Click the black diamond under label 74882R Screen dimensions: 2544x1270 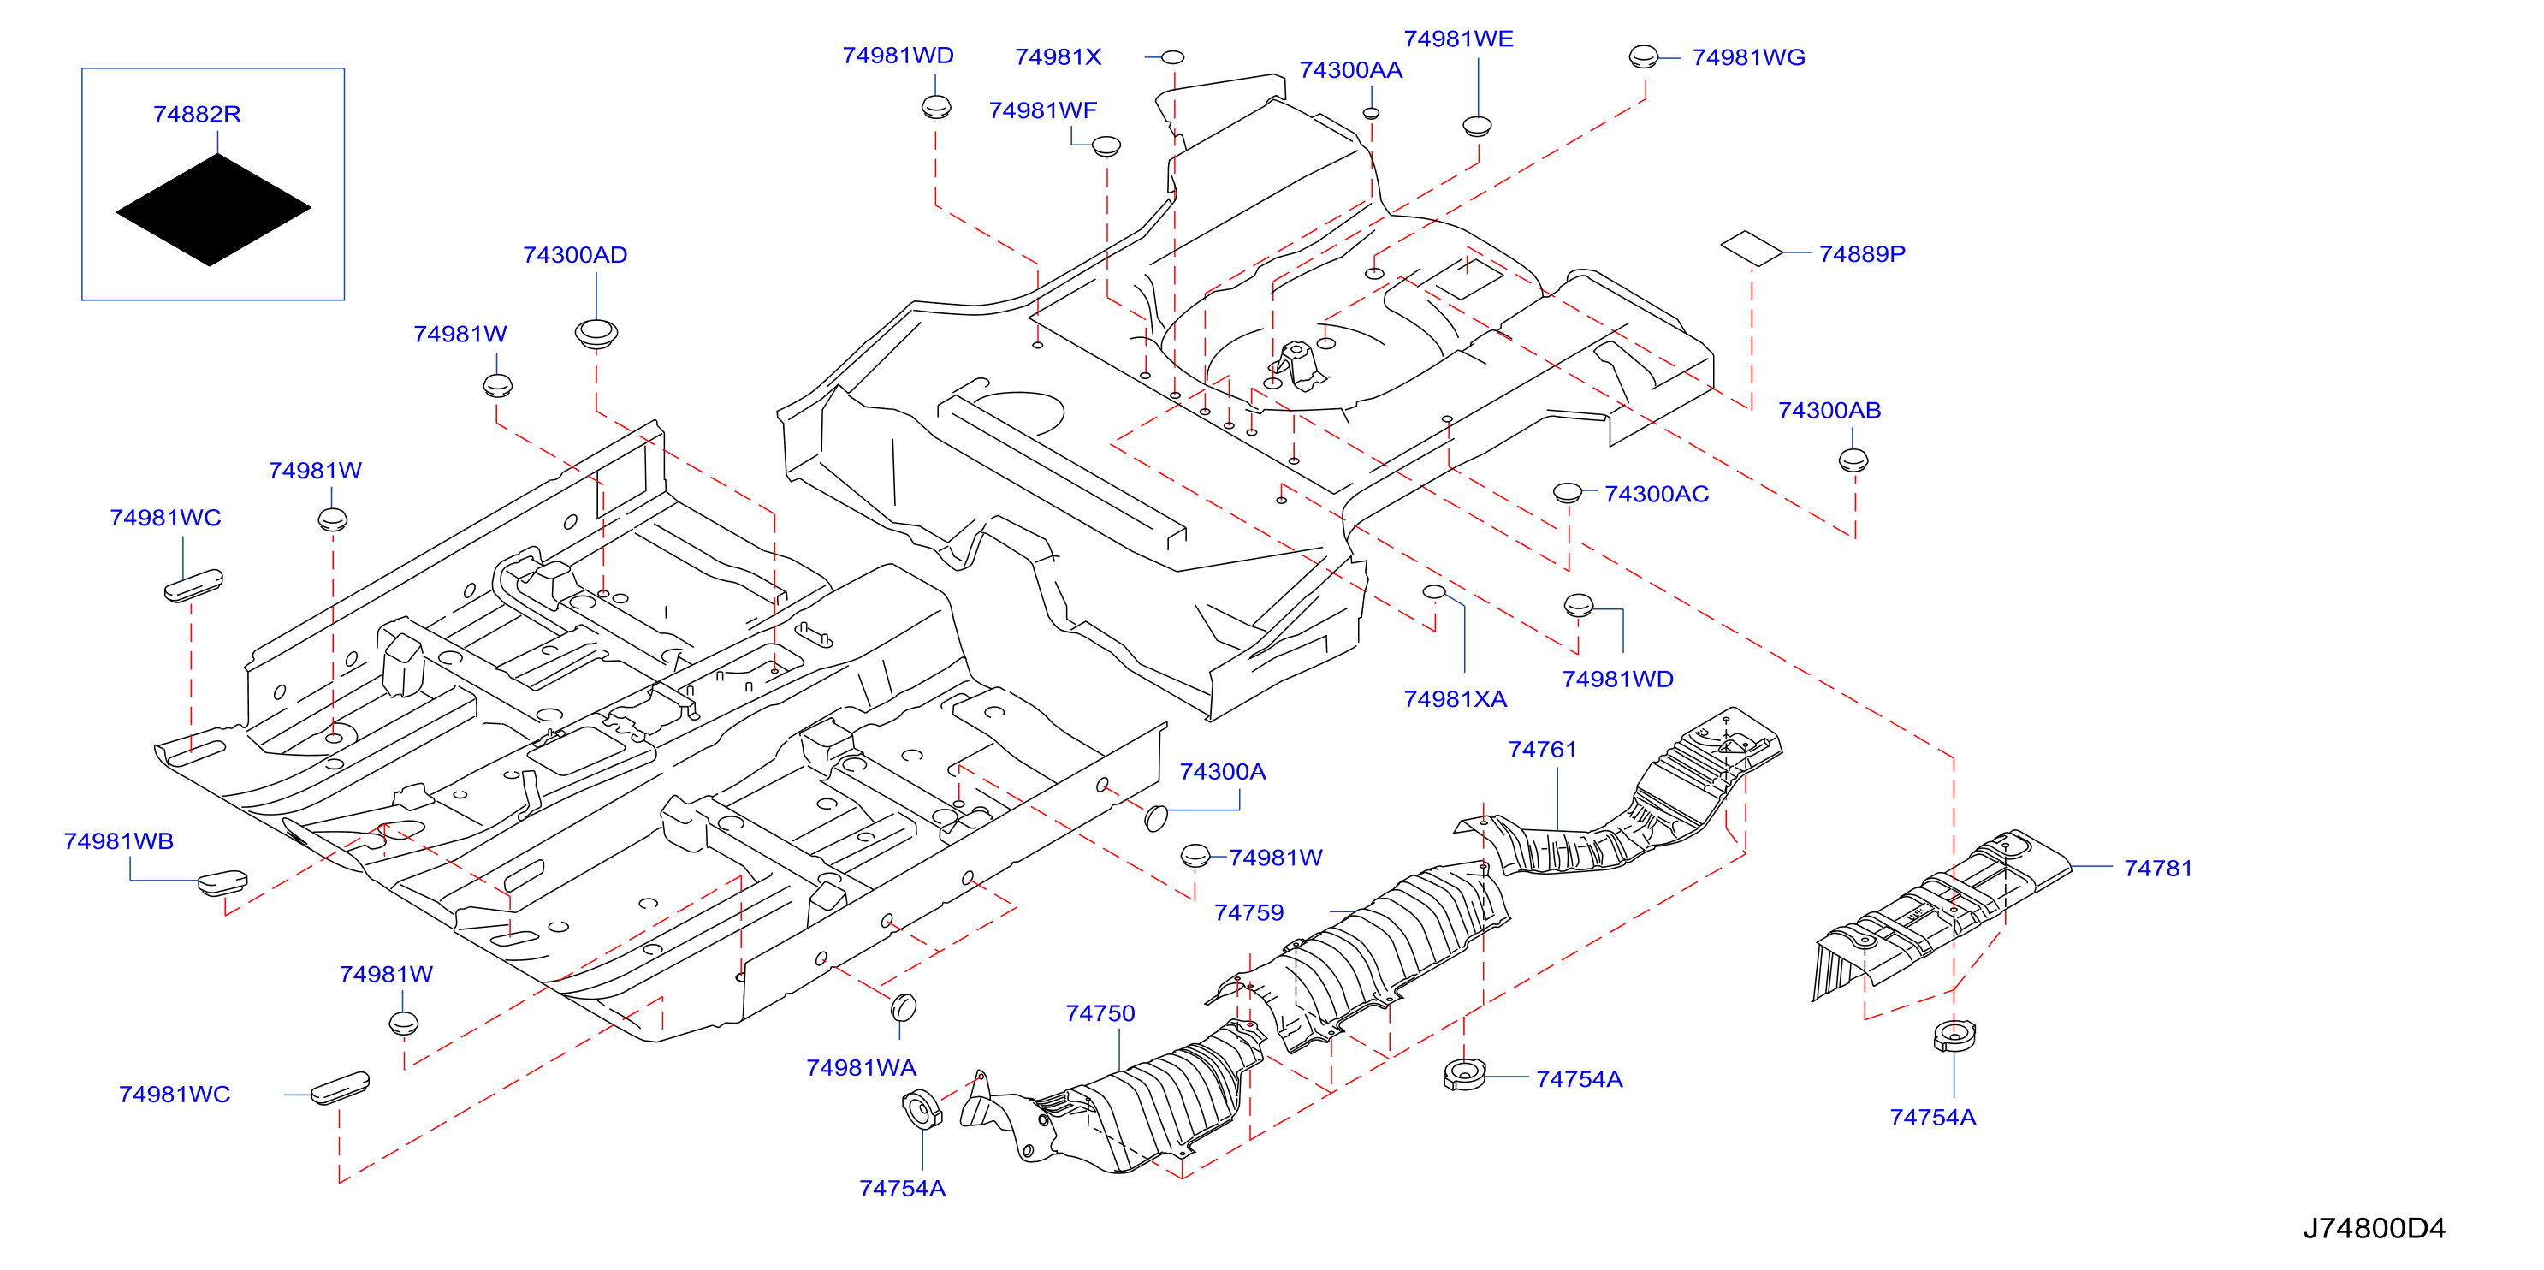[x=213, y=210]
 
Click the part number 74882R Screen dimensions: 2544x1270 [x=197, y=114]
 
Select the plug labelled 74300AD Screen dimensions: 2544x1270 [x=596, y=333]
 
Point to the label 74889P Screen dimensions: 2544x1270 [x=1862, y=254]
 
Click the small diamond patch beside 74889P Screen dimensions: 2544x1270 [x=1752, y=249]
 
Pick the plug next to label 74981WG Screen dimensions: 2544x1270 [x=1643, y=56]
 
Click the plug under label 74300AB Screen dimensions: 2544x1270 [x=1853, y=460]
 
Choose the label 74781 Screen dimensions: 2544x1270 [x=2158, y=868]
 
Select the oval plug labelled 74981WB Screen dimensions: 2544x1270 [x=222, y=881]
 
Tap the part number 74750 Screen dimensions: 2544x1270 [x=1100, y=1013]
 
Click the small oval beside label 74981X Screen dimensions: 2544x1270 [x=1172, y=57]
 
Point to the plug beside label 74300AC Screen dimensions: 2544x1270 [x=1568, y=492]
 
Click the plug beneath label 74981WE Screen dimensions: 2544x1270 [x=1476, y=127]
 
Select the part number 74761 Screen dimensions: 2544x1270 [x=1543, y=750]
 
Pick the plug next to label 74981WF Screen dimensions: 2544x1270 [x=1106, y=146]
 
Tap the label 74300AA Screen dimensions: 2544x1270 [x=1350, y=70]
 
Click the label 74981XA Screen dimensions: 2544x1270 [x=1455, y=699]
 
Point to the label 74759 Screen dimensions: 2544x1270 [x=1249, y=912]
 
